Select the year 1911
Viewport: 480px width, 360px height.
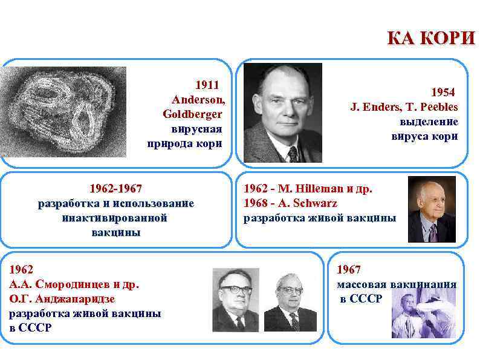pyautogui.click(x=206, y=85)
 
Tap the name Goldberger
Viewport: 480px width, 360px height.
pyautogui.click(x=192, y=114)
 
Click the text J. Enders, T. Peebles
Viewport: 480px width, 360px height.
pyautogui.click(x=404, y=107)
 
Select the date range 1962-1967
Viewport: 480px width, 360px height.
pyautogui.click(x=116, y=188)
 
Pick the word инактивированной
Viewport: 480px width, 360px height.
pyautogui.click(x=115, y=218)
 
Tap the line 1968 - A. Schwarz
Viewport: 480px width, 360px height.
pyautogui.click(x=290, y=203)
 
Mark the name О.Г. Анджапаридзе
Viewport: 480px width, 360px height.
pyautogui.click(x=62, y=299)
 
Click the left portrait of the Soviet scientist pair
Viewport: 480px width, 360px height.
pyautogui.click(x=235, y=300)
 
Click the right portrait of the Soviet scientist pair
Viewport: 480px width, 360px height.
pyautogui.click(x=290, y=301)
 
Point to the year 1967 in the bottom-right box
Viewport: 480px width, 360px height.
pyautogui.click(x=348, y=269)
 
